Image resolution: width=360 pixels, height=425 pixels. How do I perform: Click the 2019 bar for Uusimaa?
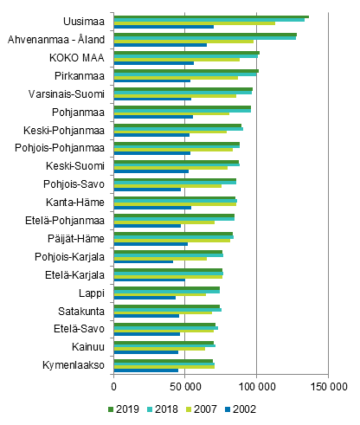click(x=211, y=16)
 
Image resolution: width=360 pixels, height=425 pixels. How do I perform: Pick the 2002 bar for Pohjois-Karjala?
click(x=144, y=261)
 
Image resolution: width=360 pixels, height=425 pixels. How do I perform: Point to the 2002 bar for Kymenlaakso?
click(x=146, y=370)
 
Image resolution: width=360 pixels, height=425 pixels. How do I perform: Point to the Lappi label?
click(x=92, y=292)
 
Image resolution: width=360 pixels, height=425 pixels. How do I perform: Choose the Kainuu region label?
click(x=88, y=346)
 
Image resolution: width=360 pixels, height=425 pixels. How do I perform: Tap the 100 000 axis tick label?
click(x=256, y=387)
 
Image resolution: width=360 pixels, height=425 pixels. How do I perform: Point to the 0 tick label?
click(x=113, y=387)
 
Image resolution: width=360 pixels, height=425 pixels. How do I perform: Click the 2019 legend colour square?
click(x=111, y=409)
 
